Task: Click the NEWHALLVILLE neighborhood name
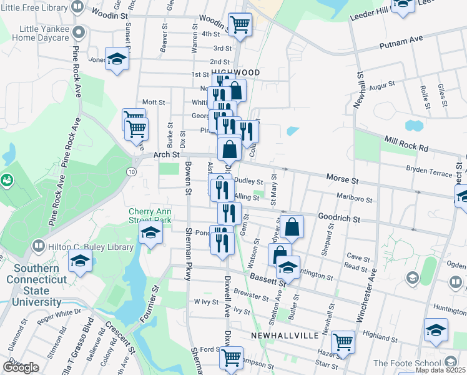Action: pos(281,336)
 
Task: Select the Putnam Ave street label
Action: pos(401,42)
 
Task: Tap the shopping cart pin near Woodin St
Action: pos(240,24)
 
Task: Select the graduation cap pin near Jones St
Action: pos(116,59)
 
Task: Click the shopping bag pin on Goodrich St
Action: pos(292,227)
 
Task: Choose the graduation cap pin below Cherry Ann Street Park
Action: pos(150,234)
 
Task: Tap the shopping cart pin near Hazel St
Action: pos(343,341)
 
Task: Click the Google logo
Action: pos(21,367)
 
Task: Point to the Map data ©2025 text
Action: pos(440,370)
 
